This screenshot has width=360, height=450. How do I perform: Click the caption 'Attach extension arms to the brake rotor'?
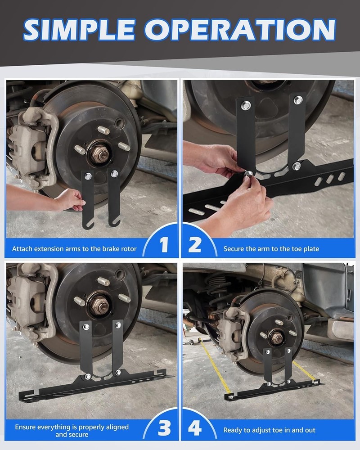pos(74,248)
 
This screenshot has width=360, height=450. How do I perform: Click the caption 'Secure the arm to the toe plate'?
pos(271,248)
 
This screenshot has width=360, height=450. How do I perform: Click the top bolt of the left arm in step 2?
pos(246,106)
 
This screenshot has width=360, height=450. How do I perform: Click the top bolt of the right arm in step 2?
pos(298,100)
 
